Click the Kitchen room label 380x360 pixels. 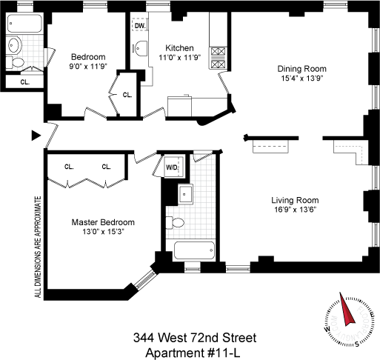[x=179, y=48]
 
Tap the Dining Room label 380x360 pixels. [x=302, y=69]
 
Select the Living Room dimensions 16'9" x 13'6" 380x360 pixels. [x=296, y=210]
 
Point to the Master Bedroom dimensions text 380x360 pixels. [x=103, y=232]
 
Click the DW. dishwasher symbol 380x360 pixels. [x=141, y=25]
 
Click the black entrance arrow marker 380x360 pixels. [x=36, y=136]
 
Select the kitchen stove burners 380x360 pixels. [x=218, y=58]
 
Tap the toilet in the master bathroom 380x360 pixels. [x=175, y=223]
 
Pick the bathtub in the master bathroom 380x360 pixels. [x=194, y=250]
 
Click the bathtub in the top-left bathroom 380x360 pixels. [x=24, y=23]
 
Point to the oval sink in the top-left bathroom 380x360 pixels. [x=14, y=45]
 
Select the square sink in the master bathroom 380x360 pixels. [x=185, y=194]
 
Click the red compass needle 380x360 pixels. [x=347, y=309]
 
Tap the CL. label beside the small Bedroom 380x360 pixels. [x=127, y=95]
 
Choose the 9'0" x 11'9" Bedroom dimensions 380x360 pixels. [x=88, y=67]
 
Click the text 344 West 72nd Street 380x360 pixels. [x=195, y=338]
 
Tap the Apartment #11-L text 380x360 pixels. [x=193, y=353]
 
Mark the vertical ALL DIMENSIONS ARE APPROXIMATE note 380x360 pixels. [x=38, y=247]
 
